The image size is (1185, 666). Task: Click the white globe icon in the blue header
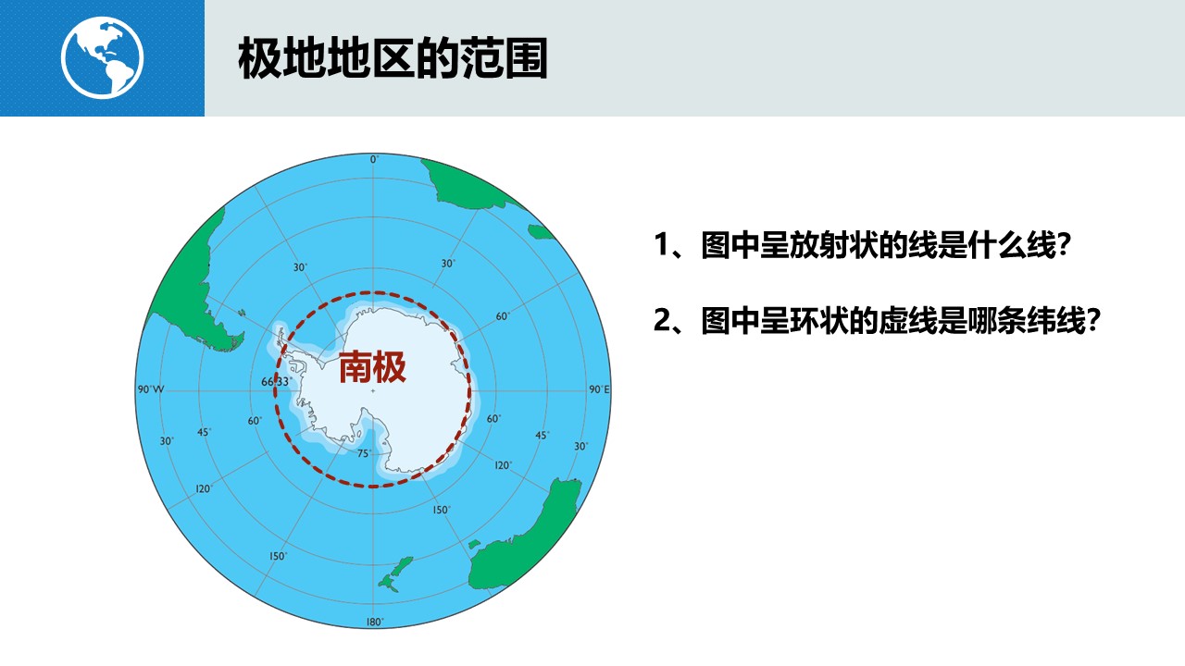coord(102,57)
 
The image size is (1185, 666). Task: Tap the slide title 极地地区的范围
coord(393,58)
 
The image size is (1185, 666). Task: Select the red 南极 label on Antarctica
coord(372,367)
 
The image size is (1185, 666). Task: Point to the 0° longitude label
coord(374,159)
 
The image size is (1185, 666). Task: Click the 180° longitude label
coord(375,623)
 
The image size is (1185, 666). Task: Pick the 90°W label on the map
coord(151,389)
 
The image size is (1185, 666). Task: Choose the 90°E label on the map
coord(599,389)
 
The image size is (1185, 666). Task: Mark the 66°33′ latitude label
coord(276,382)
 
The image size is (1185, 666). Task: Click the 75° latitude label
coord(365,453)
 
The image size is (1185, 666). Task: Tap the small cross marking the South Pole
coord(373,391)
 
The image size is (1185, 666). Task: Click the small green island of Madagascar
coord(541,231)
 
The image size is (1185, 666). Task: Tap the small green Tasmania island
coord(474,545)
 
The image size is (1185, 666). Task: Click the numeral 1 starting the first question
coord(662,245)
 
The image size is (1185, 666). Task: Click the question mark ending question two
coord(1092,320)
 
